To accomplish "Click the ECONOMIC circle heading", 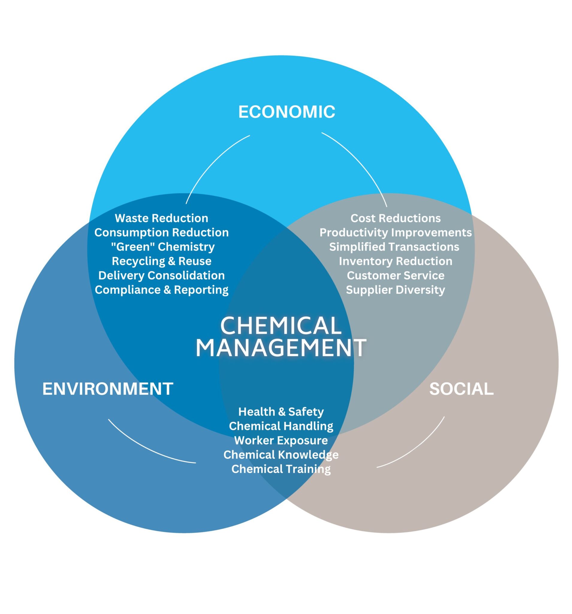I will [x=286, y=112].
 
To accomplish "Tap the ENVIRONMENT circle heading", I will [x=108, y=389].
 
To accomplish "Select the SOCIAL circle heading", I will [x=461, y=389].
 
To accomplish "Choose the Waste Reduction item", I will [x=162, y=218].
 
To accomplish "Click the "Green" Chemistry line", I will [x=163, y=247].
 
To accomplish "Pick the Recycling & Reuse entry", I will [x=162, y=261].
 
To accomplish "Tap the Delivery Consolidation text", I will [x=162, y=275].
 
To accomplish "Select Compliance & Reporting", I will [x=162, y=290].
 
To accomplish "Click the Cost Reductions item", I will [x=396, y=218].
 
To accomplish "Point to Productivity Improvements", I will [x=396, y=232].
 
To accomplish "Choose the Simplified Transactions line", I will [x=394, y=247].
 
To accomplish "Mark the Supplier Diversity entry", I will [x=396, y=290].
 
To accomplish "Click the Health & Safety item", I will [x=281, y=412].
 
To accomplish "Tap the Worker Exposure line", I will [x=281, y=440].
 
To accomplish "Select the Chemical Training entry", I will [x=281, y=469].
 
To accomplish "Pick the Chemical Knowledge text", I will [x=281, y=455].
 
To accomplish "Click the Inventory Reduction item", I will [x=396, y=261].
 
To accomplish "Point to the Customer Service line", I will [x=396, y=275].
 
